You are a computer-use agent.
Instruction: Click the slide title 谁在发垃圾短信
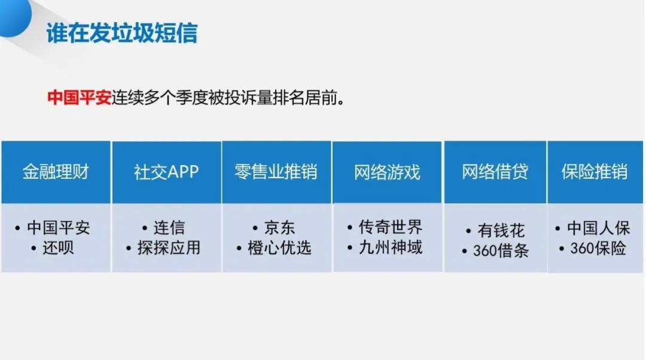(122, 33)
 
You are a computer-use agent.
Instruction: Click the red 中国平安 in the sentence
(79, 98)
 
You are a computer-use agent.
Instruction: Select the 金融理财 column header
(56, 172)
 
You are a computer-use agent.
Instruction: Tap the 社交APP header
(166, 172)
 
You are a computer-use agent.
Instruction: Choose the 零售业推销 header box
(276, 172)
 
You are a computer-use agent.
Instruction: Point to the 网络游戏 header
(387, 172)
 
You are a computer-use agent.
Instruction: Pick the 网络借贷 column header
(495, 172)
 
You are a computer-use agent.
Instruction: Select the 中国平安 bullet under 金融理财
(59, 228)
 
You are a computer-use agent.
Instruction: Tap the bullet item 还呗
(59, 248)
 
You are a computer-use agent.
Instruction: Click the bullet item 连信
(169, 228)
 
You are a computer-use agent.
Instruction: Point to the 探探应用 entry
(169, 248)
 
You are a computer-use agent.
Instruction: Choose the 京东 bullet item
(279, 228)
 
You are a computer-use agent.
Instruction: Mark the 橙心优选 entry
(279, 248)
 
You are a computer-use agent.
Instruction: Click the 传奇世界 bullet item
(390, 227)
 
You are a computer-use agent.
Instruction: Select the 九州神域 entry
(390, 246)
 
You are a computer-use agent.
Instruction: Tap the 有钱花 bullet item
(500, 230)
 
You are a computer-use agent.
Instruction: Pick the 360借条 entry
(500, 250)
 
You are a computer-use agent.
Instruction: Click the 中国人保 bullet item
(598, 228)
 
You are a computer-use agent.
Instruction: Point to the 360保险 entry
(598, 248)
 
